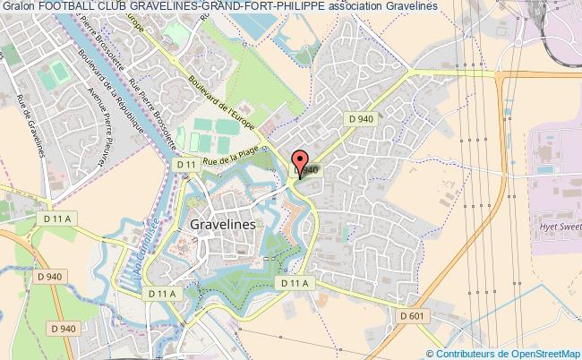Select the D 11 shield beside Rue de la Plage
tap(186, 166)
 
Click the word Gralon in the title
tap(18, 6)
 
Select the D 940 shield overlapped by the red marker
tap(307, 170)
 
